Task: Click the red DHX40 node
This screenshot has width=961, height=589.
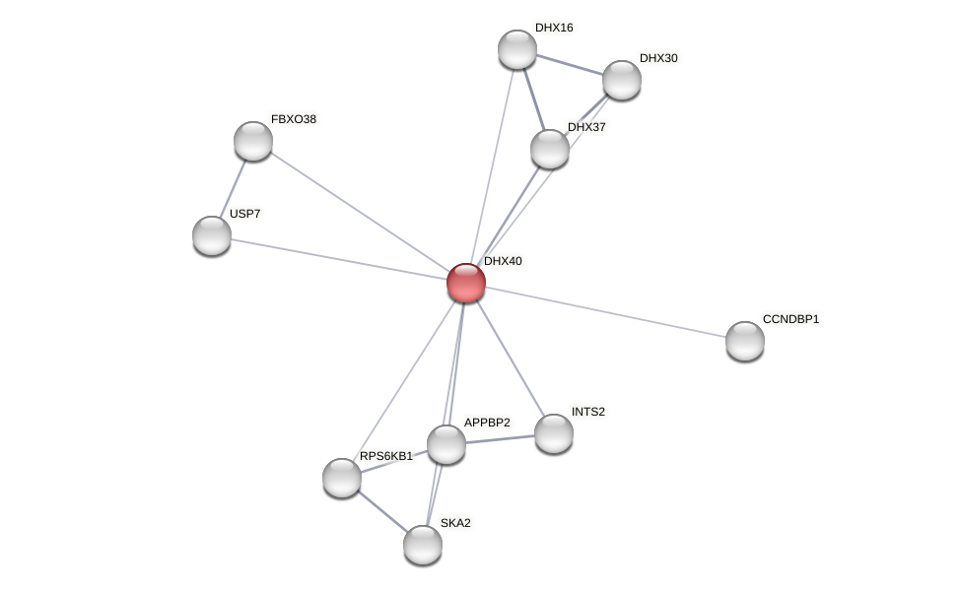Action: pyautogui.click(x=466, y=283)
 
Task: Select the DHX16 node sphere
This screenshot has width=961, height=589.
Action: pyautogui.click(x=517, y=49)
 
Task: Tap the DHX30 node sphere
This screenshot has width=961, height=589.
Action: pyautogui.click(x=622, y=80)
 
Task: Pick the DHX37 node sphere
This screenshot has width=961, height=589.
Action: pyautogui.click(x=550, y=149)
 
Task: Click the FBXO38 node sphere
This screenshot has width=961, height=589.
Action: pyautogui.click(x=253, y=141)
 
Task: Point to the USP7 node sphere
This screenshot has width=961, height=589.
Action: pyautogui.click(x=212, y=235)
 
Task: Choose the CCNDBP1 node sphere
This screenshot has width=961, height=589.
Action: pyautogui.click(x=745, y=341)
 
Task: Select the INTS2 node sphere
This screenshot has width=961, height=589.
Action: pyautogui.click(x=554, y=433)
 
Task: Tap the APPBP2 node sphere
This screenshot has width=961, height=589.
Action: pyautogui.click(x=446, y=444)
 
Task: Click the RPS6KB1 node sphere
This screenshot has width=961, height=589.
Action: pyautogui.click(x=342, y=478)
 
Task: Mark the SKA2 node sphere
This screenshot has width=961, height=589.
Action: pyautogui.click(x=423, y=545)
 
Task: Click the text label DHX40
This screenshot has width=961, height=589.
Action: pyautogui.click(x=503, y=261)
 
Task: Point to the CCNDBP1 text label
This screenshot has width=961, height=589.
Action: pyautogui.click(x=790, y=319)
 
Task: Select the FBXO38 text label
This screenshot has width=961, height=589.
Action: pyautogui.click(x=294, y=119)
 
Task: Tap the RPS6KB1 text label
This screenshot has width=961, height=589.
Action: pyautogui.click(x=385, y=456)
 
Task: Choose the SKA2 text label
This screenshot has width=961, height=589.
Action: pyautogui.click(x=455, y=523)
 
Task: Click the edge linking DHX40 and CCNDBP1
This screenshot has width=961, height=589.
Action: pyautogui.click(x=606, y=312)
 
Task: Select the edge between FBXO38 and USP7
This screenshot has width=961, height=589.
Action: pyautogui.click(x=233, y=188)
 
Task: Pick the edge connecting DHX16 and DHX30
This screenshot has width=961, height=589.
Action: pyautogui.click(x=570, y=65)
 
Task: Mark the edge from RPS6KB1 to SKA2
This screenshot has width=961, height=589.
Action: pyautogui.click(x=382, y=511)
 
